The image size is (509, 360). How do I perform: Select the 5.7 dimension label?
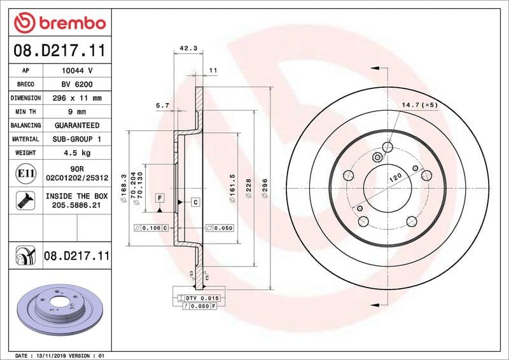pos(162,105)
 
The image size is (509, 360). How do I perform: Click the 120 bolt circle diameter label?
pos(394,180)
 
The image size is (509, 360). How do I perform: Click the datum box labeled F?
pos(159,198)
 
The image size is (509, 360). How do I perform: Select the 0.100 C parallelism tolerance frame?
pos(151,227)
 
